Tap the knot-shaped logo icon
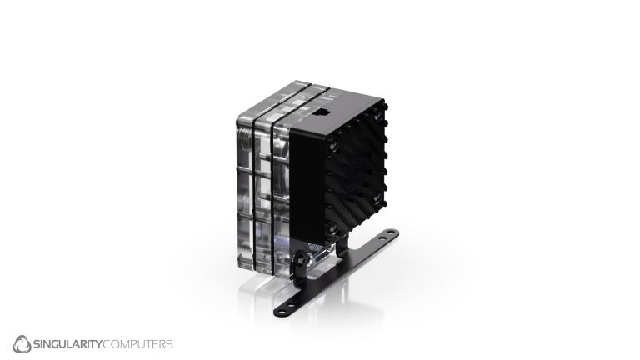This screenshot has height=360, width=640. [x=22, y=343]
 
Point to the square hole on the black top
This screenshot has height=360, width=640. [x=324, y=107]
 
